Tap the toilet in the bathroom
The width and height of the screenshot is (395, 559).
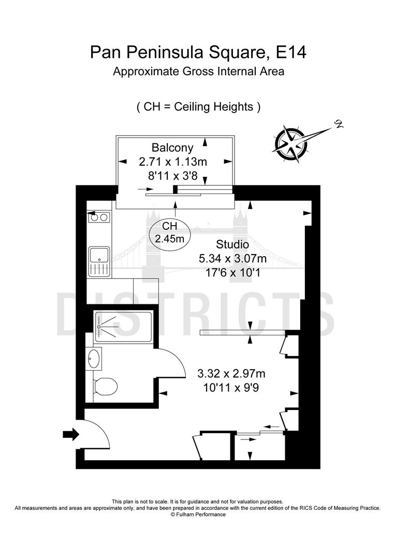point(106,386)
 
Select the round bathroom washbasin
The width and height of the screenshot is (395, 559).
point(95,358)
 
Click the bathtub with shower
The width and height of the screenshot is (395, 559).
point(124,326)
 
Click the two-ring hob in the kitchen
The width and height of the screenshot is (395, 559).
point(99,217)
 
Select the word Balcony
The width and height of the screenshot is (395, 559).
point(172,147)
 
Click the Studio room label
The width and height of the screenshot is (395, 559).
point(233,244)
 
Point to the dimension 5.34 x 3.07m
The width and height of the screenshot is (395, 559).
point(233,258)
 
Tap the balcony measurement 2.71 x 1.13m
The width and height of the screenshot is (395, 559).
point(172,161)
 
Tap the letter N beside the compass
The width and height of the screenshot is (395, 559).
point(339,124)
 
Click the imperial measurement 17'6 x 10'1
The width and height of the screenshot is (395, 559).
point(233,272)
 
